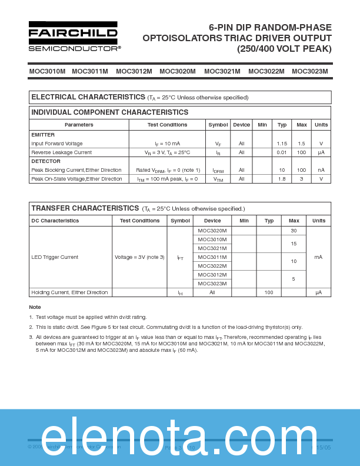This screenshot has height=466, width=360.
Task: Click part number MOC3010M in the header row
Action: (x=47, y=71)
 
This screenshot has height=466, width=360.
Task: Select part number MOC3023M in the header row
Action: (x=309, y=71)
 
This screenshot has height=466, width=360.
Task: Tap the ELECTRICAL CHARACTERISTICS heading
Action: (x=88, y=97)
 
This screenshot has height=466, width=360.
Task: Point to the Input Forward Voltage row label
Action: (x=57, y=144)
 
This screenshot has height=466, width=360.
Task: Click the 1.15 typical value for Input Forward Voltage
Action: (x=282, y=144)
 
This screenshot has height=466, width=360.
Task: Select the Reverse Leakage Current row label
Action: (x=61, y=152)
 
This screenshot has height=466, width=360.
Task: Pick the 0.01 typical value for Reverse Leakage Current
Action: (x=282, y=152)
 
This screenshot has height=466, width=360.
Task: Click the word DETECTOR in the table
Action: (x=46, y=161)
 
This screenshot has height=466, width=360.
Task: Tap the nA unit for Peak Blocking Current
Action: (x=321, y=170)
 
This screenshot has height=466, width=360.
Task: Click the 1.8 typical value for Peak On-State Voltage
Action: (x=282, y=179)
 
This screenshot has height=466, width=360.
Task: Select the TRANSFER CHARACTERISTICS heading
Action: (x=85, y=208)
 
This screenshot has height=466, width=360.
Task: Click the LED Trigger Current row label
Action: (x=55, y=257)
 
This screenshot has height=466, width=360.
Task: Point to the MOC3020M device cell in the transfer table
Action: (x=212, y=231)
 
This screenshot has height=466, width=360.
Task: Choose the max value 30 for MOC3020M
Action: (x=294, y=231)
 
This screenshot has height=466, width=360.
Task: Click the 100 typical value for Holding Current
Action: (x=269, y=292)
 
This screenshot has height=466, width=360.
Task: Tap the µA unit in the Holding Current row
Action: (x=318, y=292)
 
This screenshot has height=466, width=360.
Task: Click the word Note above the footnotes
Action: (x=35, y=307)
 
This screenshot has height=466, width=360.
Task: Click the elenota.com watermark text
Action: (x=180, y=435)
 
